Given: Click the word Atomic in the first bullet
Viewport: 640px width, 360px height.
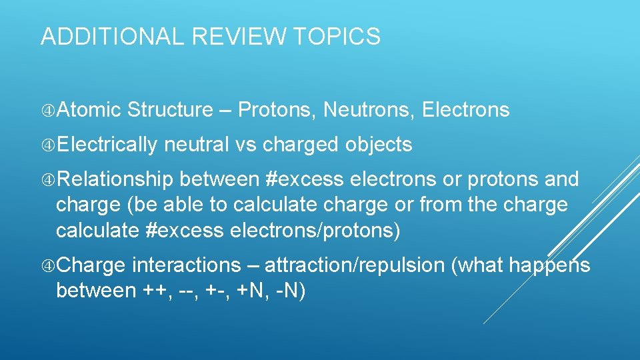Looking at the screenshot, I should [x=89, y=110].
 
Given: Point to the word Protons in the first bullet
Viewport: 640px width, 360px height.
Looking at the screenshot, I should [x=277, y=110].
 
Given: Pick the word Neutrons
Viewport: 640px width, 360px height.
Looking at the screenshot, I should [x=366, y=110].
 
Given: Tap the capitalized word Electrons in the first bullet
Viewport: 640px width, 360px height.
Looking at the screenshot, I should [x=466, y=110].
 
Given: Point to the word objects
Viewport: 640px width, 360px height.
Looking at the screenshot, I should [x=379, y=145].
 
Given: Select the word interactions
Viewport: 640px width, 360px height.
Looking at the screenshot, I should [x=187, y=265].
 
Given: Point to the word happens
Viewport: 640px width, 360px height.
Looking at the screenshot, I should [x=549, y=265].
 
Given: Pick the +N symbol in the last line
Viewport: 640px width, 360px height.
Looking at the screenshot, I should [x=251, y=291].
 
